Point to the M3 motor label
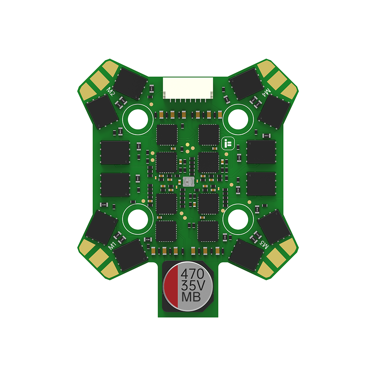tap(265, 245)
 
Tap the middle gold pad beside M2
tap(98, 80)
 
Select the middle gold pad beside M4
tap(278, 79)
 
